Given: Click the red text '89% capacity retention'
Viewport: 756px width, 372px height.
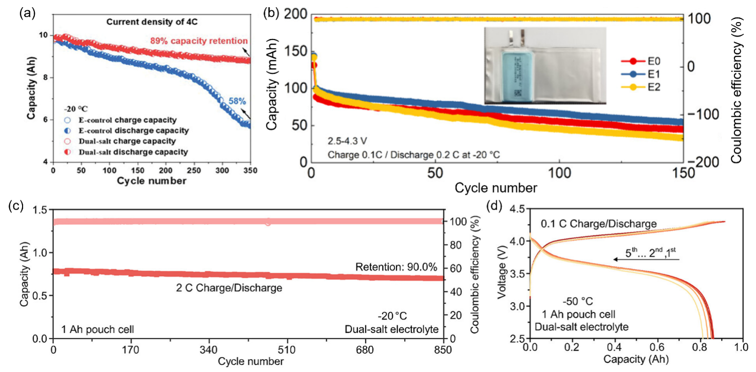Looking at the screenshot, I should pyautogui.click(x=199, y=41).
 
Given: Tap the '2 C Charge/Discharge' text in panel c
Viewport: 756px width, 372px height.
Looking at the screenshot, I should pyautogui.click(x=229, y=288).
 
